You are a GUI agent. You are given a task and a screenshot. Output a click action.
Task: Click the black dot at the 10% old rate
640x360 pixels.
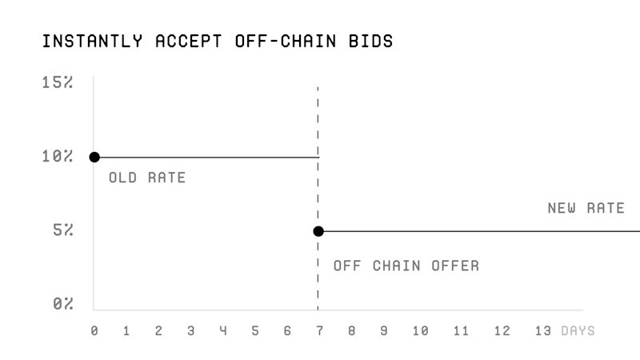tap(94, 157)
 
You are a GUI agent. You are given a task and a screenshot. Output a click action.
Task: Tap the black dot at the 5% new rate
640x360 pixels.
tap(318, 231)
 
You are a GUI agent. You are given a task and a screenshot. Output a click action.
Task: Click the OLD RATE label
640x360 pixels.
tap(147, 178)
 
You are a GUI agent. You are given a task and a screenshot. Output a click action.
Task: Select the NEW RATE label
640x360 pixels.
tap(586, 208)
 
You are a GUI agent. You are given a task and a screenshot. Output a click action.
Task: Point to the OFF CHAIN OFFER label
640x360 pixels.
tap(406, 266)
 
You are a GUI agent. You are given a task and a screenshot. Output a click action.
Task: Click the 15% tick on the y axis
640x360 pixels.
tap(58, 82)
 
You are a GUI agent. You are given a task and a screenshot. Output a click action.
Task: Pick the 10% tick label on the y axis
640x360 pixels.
tap(58, 156)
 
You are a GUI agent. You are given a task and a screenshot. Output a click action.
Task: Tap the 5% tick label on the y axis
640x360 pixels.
tap(63, 230)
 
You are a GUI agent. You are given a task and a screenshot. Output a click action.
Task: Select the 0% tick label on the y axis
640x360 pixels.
tap(63, 304)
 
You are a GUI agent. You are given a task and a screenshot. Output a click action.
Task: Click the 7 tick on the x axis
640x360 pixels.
tap(319, 330)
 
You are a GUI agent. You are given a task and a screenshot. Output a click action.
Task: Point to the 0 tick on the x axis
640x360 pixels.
tap(94, 330)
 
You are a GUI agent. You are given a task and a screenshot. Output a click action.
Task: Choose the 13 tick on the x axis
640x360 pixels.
tap(543, 330)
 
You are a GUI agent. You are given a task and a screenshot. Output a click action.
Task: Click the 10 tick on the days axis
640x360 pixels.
tap(421, 330)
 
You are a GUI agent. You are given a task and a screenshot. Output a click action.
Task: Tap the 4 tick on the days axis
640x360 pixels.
tap(223, 330)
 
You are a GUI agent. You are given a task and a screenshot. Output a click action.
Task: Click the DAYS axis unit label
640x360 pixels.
tap(578, 330)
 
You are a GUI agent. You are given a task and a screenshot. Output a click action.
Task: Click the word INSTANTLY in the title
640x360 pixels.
tap(92, 42)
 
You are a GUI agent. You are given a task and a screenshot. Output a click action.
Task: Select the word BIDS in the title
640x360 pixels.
tap(370, 42)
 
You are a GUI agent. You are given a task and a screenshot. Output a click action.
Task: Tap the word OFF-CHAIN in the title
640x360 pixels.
tap(286, 42)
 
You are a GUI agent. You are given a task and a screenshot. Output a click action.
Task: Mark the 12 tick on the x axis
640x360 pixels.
tap(502, 330)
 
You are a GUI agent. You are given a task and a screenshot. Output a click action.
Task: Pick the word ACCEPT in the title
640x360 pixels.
tap(189, 42)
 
